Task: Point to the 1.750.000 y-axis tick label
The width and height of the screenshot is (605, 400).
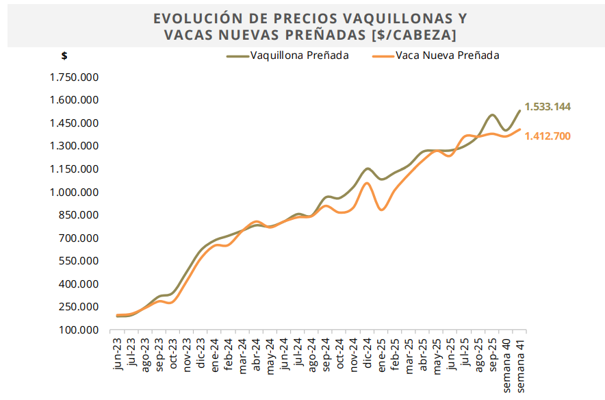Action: [75, 77]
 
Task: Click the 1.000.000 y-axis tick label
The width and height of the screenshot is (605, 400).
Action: [75, 192]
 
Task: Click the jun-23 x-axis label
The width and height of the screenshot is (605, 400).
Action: [119, 352]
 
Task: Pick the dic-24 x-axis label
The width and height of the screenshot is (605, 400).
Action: [367, 352]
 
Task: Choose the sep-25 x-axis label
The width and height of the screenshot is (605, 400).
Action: [492, 352]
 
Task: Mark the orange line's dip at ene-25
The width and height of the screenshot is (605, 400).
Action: [381, 209]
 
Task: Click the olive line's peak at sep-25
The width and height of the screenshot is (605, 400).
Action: [492, 114]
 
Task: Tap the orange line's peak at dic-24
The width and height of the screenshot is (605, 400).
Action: [367, 183]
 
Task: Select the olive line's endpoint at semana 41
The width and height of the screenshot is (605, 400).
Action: [519, 110]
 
